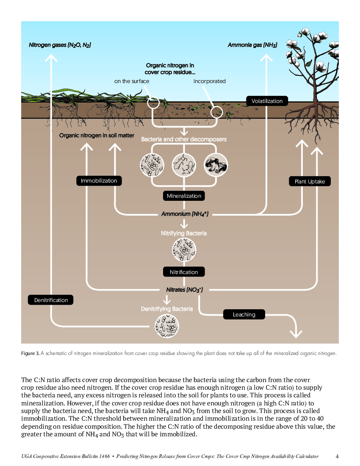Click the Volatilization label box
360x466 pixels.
tap(267, 101)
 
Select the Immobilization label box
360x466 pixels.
tap(99, 181)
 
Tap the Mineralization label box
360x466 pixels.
tap(184, 196)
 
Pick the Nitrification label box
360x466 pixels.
tap(184, 272)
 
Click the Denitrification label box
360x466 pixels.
tap(51, 300)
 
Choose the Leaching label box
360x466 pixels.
tap(244, 314)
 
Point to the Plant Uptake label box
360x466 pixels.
tap(310, 181)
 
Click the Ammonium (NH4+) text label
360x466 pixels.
tap(185, 214)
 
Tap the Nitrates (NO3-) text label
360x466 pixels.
tap(185, 290)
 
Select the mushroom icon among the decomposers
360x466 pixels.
tap(216, 165)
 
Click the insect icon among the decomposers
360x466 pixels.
tap(184, 165)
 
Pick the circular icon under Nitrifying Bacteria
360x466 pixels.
tap(184, 250)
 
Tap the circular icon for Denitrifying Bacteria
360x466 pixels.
tap(167, 326)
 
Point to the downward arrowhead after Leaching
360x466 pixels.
tap(296, 334)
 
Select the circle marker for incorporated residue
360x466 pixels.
tap(216, 112)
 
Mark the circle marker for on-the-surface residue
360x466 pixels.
tap(153, 103)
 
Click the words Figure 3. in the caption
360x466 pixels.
tap(30, 353)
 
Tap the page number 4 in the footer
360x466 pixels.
tap(337, 456)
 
